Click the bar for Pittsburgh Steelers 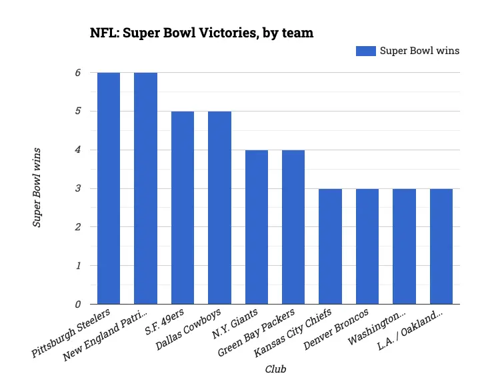(109, 188)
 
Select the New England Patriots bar (145, 188)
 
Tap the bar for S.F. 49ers (183, 208)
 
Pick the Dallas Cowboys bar (219, 208)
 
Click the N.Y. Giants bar (257, 227)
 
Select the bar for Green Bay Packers (293, 227)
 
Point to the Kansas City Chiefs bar (330, 246)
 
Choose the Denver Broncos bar (367, 246)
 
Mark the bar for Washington (404, 246)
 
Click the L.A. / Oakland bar (441, 246)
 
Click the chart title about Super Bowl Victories (201, 32)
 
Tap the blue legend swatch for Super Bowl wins (365, 51)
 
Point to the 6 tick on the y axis (77, 73)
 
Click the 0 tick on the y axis (77, 305)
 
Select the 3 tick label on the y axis (77, 189)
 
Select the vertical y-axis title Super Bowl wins (38, 188)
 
